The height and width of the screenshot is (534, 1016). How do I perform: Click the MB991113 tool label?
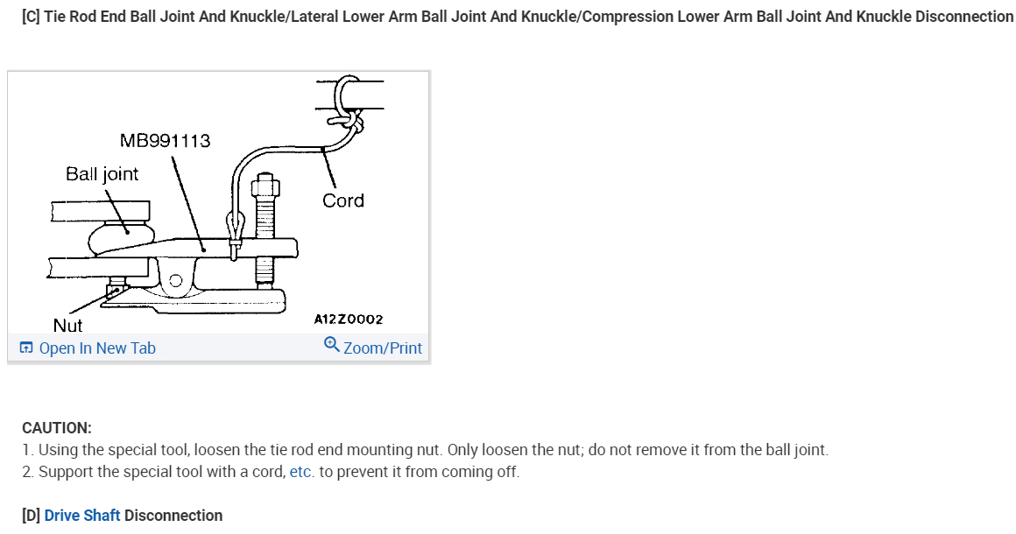pos(165,140)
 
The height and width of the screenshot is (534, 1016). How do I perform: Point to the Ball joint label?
pos(102,173)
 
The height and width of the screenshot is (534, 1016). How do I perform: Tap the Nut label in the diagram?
pos(67,325)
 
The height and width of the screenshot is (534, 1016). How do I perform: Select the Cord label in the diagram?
pos(342,200)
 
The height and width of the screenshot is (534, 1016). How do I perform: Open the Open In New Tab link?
pos(96,348)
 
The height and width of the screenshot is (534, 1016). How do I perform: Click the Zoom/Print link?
pos(382,348)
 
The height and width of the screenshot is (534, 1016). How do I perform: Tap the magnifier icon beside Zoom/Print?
pos(331,344)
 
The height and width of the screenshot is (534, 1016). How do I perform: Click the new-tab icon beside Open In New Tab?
pos(26,348)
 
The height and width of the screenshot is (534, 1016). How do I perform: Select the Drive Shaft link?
pos(82,516)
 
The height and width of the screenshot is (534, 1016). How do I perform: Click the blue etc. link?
pos(301,472)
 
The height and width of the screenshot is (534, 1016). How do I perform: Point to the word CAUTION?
pos(56,428)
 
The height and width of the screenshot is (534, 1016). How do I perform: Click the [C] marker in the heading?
pos(31,17)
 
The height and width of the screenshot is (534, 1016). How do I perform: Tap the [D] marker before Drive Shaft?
pos(31,516)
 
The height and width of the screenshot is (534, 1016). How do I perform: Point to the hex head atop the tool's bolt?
pos(264,188)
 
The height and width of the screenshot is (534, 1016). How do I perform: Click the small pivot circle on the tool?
pos(176,281)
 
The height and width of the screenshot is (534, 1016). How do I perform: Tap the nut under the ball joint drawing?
pos(115,289)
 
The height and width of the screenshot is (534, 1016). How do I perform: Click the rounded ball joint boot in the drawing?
pos(123,235)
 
